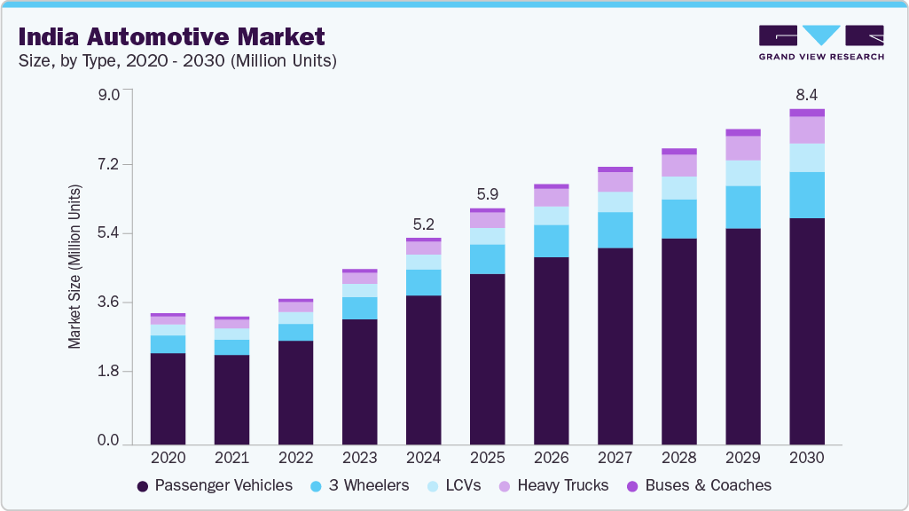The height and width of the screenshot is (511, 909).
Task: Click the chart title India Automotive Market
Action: pyautogui.click(x=171, y=36)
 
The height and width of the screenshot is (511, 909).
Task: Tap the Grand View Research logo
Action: pyautogui.click(x=821, y=42)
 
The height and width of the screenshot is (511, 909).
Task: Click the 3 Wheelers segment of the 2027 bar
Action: pyautogui.click(x=615, y=230)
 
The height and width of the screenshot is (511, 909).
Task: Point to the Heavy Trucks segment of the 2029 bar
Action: pyautogui.click(x=743, y=148)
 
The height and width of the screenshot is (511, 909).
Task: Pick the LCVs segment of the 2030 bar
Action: pyautogui.click(x=807, y=158)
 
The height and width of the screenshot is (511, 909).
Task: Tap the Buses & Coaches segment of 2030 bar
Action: pyautogui.click(x=807, y=113)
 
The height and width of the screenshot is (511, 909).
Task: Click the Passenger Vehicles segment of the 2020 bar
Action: pyautogui.click(x=168, y=398)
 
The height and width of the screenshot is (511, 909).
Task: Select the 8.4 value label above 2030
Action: pyautogui.click(x=807, y=93)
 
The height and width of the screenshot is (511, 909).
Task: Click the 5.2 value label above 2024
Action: pyautogui.click(x=423, y=224)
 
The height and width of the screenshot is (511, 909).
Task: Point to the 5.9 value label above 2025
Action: pyautogui.click(x=487, y=194)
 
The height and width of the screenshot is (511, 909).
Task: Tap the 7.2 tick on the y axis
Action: pyautogui.click(x=108, y=165)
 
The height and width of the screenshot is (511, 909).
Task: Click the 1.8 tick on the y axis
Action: pyautogui.click(x=108, y=372)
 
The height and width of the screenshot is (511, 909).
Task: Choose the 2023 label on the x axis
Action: pyautogui.click(x=359, y=459)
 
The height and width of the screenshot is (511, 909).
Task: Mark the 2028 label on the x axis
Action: pyautogui.click(x=679, y=459)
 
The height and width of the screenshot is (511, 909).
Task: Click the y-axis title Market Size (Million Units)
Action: pyautogui.click(x=75, y=267)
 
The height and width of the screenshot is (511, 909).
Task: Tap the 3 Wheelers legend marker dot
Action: pyautogui.click(x=317, y=486)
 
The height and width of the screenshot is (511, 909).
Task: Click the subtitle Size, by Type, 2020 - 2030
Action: pyautogui.click(x=177, y=61)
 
